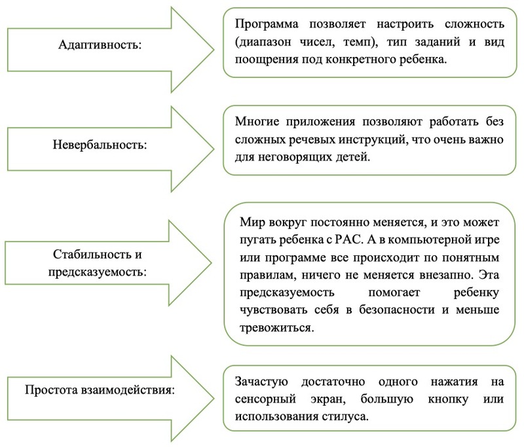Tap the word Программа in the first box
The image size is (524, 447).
(262, 24)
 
